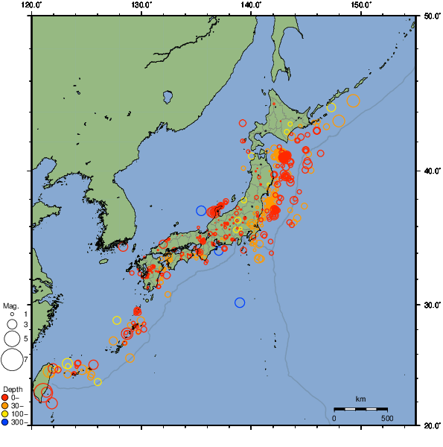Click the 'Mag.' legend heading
10,305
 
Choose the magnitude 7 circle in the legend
12,360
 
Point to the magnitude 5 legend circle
12,339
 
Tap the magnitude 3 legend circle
12,325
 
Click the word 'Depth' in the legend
12,389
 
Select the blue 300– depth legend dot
6,422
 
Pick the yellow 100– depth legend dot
6,414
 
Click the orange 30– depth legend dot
6,406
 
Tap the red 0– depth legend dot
6,398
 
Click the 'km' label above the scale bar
360,399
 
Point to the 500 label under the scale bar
387,417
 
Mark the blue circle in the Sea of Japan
201,211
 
